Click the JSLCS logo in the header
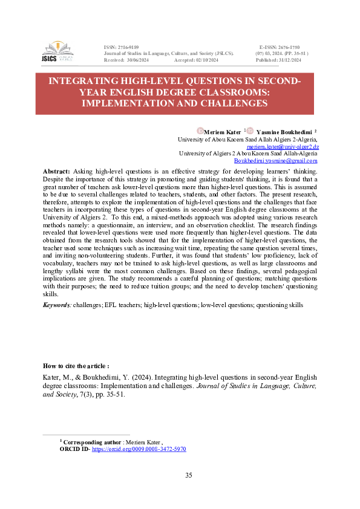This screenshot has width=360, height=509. pyautogui.click(x=57, y=53)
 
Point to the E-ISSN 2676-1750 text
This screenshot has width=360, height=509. pyautogui.click(x=279, y=47)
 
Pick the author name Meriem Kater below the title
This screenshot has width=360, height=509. pyautogui.click(x=222, y=131)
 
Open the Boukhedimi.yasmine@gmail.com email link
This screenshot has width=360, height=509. pyautogui.click(x=275, y=161)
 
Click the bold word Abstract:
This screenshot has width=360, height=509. pyautogui.click(x=56, y=172)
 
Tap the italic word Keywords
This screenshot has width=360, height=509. pyautogui.click(x=57, y=305)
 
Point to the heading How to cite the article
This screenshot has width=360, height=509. pyautogui.click(x=76, y=366)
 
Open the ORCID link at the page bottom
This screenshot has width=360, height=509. pyautogui.click(x=139, y=450)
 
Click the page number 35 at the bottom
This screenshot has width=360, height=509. pyautogui.click(x=189, y=475)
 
